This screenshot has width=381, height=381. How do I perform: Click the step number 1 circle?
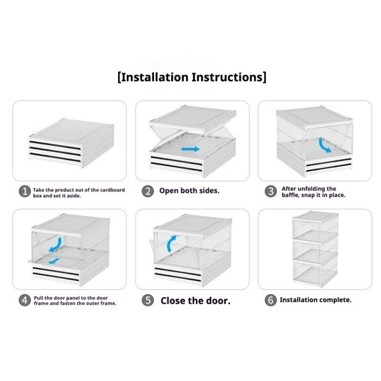coord(25,191)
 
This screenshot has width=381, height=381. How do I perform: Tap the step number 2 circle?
coord(148,191)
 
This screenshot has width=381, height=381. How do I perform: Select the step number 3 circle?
coord(271,191)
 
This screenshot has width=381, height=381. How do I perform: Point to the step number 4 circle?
coord(25,300)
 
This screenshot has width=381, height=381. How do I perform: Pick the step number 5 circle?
coord(148,300)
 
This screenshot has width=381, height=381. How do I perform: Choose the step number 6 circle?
coord(271,300)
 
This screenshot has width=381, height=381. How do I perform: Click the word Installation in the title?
coord(154,77)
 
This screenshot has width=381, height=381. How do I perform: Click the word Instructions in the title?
coord(228,77)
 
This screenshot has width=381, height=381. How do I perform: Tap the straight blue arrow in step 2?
coord(190,149)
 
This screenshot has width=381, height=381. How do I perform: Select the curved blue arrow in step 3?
coord(324,145)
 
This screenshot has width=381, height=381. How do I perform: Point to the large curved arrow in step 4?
coord(56,245)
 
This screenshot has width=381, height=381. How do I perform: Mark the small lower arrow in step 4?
coord(54,261)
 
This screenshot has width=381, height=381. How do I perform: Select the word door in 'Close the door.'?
coord(217,301)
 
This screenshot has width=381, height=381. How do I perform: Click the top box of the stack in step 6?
coord(315,227)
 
